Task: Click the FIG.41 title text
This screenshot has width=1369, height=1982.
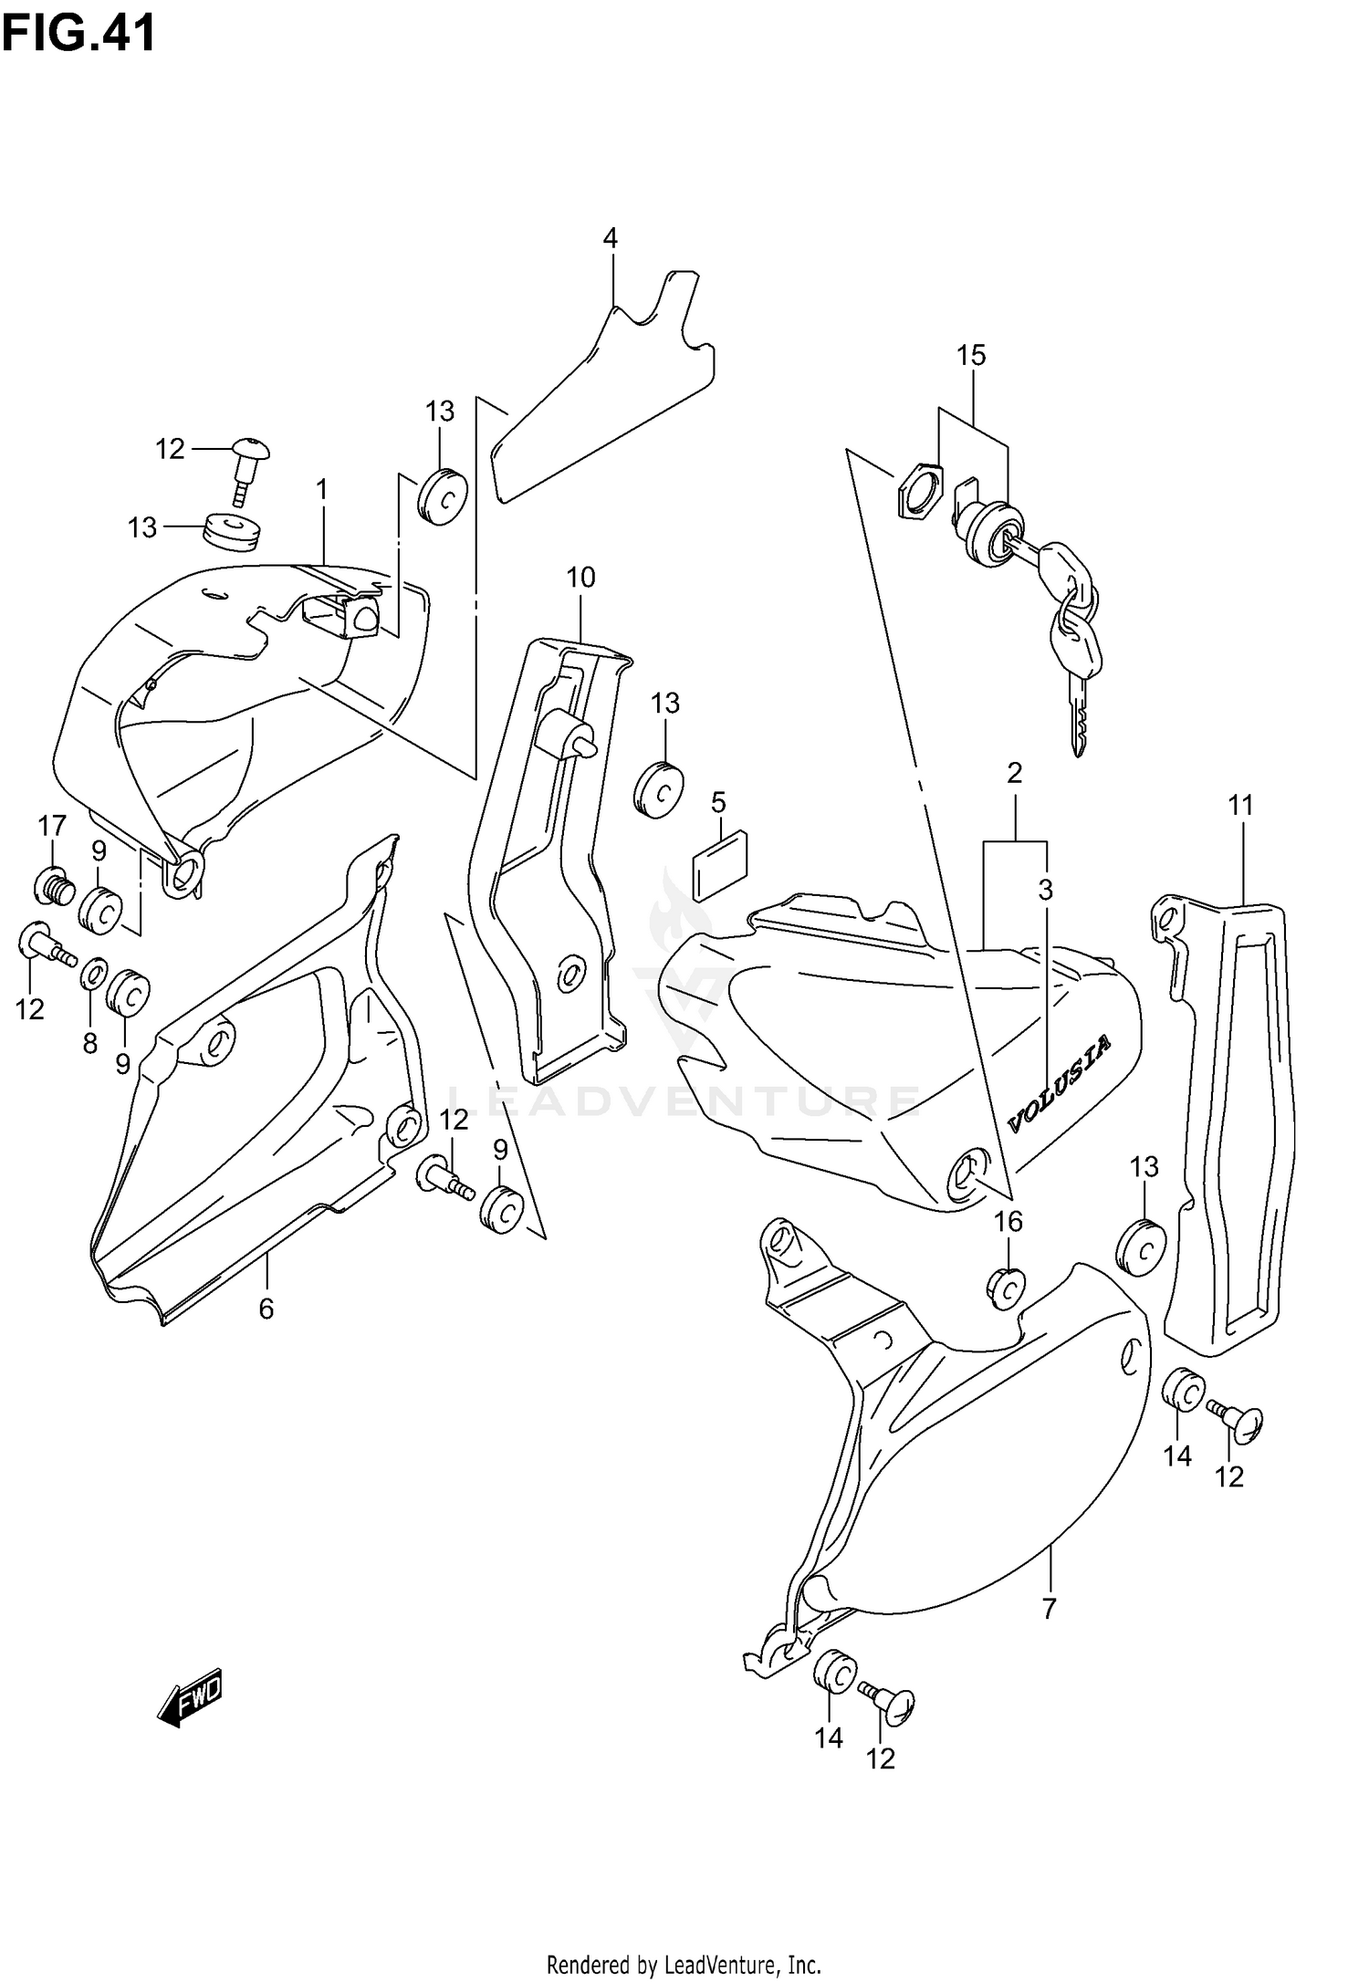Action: [78, 35]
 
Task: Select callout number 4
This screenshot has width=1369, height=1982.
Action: [611, 239]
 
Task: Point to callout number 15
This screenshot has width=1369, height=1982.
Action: [971, 356]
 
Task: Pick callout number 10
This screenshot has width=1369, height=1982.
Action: [580, 578]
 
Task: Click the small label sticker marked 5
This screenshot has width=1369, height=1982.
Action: [721, 863]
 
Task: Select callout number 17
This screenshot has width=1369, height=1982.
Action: [52, 826]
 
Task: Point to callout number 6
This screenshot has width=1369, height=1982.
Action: [266, 1309]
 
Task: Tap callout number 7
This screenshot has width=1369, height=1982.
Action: [1049, 1609]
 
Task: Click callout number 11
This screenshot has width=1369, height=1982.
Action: [1240, 806]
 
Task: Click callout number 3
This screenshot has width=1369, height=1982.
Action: [1045, 889]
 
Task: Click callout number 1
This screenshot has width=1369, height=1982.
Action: [321, 490]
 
